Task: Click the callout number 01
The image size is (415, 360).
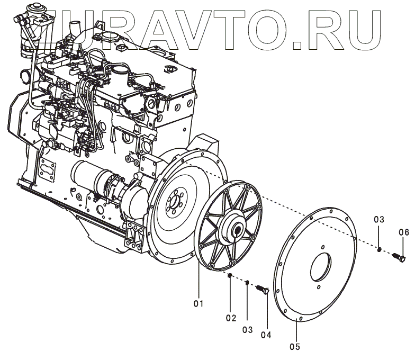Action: (x=198, y=303)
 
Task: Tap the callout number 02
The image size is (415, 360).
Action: (x=230, y=318)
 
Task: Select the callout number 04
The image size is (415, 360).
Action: (x=265, y=334)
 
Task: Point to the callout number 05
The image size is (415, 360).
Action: (x=295, y=347)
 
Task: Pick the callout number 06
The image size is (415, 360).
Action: (x=403, y=231)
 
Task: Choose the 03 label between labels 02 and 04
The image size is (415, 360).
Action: (x=248, y=329)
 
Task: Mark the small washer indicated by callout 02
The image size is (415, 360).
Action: (x=230, y=276)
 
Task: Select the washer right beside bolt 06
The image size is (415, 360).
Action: (x=380, y=248)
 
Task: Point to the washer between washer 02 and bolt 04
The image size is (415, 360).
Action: (x=247, y=283)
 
